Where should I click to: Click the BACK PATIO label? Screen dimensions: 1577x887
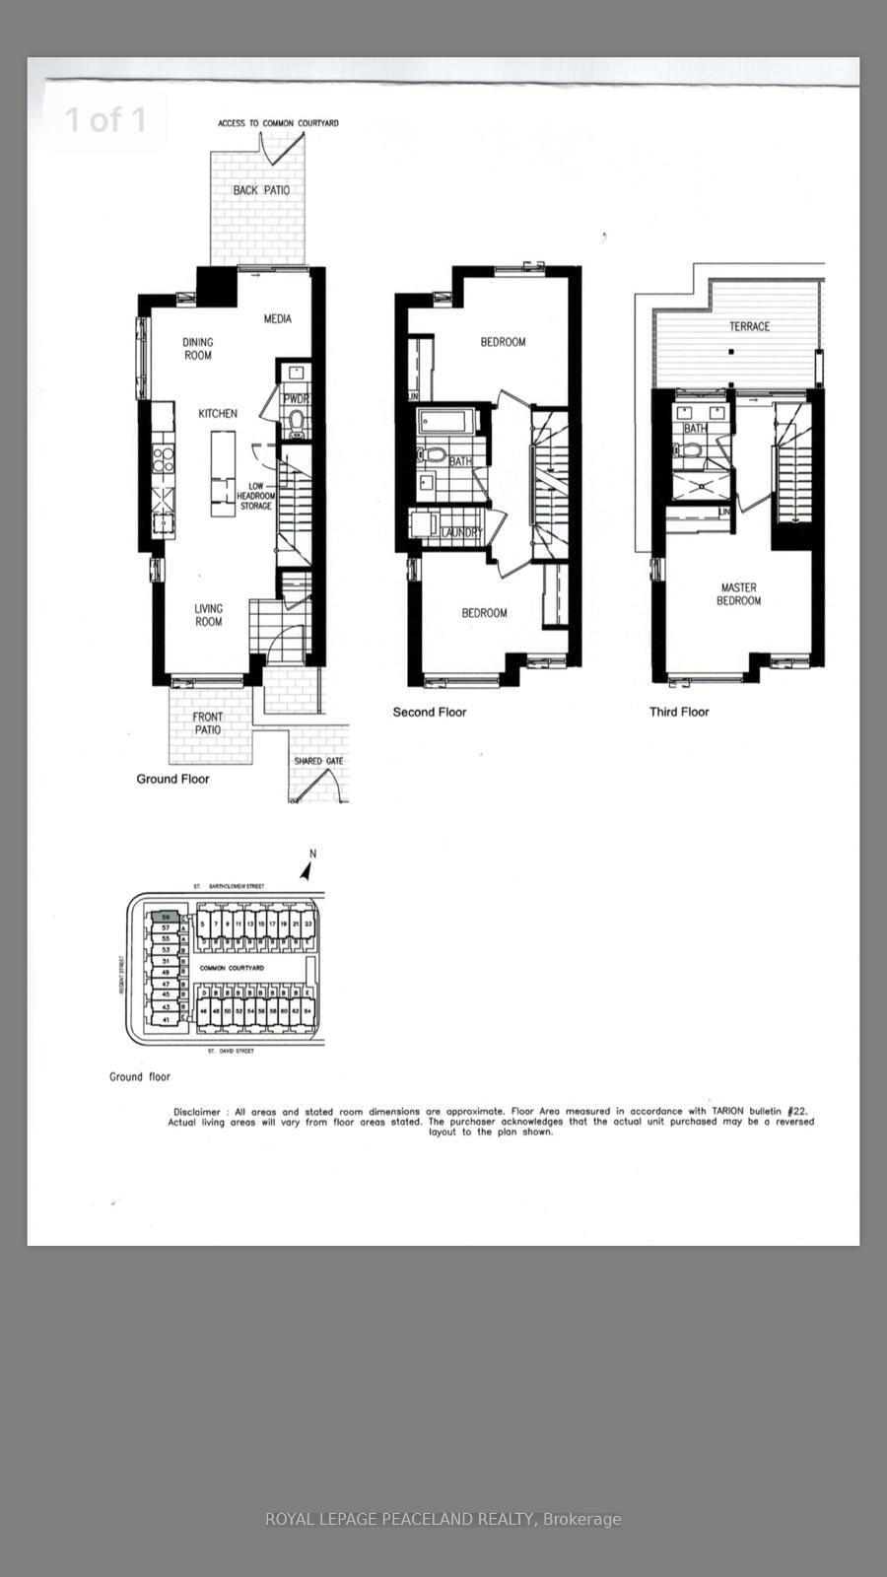pyautogui.click(x=261, y=190)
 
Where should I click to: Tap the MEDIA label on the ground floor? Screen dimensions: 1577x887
pyautogui.click(x=278, y=319)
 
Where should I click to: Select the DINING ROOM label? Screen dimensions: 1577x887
pyautogui.click(x=198, y=349)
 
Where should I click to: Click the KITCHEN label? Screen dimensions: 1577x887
pyautogui.click(x=218, y=414)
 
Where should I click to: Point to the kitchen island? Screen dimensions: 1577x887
pyautogui.click(x=224, y=472)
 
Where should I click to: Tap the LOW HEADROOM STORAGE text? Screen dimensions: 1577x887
pyautogui.click(x=256, y=497)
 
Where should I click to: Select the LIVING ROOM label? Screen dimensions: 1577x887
pyautogui.click(x=209, y=615)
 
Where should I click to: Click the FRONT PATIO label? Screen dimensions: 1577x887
pyautogui.click(x=208, y=723)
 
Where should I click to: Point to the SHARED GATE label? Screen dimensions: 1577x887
pyautogui.click(x=318, y=761)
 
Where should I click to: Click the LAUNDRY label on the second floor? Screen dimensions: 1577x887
pyautogui.click(x=461, y=533)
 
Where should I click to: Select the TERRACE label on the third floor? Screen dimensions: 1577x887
pyautogui.click(x=749, y=326)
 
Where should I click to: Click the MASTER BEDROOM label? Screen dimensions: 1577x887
pyautogui.click(x=738, y=593)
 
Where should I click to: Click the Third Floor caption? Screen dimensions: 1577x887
pyautogui.click(x=679, y=712)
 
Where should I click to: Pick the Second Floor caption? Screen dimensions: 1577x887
pyautogui.click(x=430, y=712)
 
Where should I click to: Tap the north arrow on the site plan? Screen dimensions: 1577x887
pyautogui.click(x=307, y=870)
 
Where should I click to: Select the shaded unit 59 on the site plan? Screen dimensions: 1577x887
pyautogui.click(x=166, y=917)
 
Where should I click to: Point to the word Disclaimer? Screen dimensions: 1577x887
pyautogui.click(x=196, y=1112)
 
